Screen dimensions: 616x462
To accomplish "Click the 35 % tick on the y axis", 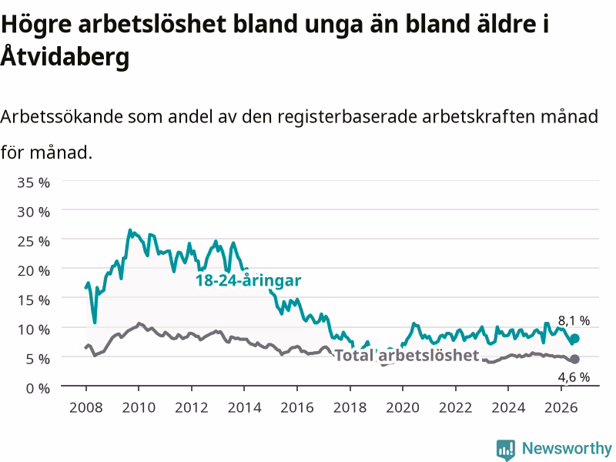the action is click(33, 182).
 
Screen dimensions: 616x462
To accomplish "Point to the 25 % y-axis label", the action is click(33, 241).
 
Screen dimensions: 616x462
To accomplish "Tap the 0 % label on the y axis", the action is click(38, 388).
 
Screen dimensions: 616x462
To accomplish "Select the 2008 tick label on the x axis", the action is click(86, 407).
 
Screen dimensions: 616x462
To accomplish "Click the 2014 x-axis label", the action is click(244, 407).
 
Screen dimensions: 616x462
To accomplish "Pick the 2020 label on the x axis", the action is click(403, 407).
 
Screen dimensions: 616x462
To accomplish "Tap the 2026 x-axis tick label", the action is click(561, 407).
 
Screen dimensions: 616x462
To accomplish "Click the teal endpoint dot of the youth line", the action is click(574, 338).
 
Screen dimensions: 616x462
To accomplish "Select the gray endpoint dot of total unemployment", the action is click(574, 359).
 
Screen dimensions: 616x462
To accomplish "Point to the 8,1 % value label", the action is click(574, 321).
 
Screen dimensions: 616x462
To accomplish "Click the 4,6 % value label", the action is click(574, 377).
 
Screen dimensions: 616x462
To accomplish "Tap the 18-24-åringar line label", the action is click(248, 280).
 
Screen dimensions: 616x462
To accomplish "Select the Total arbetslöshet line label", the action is click(407, 355).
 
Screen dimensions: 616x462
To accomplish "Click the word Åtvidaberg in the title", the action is click(65, 55).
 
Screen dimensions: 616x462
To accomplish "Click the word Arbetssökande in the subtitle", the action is click(62, 116).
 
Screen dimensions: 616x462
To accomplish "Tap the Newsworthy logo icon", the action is click(506, 450).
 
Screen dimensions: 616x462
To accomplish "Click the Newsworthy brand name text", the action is click(567, 448).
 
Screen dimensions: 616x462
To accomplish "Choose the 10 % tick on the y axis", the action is click(33, 330).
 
